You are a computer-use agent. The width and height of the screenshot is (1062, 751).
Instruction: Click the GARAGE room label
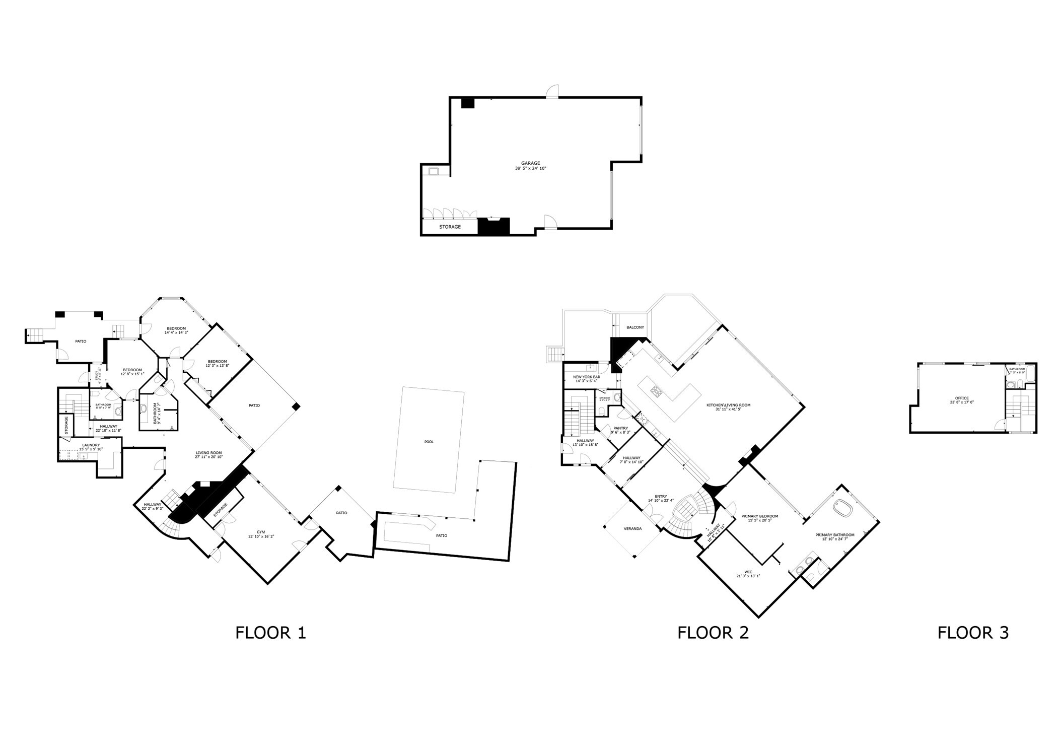530,163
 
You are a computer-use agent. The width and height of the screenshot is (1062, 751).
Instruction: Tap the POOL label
429,442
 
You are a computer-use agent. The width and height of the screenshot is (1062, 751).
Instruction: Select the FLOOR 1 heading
270,633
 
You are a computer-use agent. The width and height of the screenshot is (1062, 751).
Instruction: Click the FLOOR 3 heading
973,633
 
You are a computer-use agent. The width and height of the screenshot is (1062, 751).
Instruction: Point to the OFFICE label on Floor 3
962,398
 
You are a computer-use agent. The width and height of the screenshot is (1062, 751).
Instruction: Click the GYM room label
260,532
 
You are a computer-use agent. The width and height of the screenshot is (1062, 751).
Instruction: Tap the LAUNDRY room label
91,445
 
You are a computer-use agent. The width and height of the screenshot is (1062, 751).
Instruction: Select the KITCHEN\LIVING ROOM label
728,405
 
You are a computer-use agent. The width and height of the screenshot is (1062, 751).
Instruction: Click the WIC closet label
748,572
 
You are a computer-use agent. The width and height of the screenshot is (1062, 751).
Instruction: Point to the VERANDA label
632,528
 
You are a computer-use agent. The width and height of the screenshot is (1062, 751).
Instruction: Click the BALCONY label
635,327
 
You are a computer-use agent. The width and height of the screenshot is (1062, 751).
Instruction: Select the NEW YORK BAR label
586,377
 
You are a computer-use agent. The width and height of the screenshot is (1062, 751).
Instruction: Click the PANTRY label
620,428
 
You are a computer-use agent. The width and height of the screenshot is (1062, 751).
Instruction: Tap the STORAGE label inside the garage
450,227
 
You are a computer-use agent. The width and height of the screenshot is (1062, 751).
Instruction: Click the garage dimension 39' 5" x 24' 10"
530,169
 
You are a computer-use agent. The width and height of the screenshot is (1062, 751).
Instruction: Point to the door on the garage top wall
552,91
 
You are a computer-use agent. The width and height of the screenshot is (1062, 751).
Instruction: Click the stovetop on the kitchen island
657,389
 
